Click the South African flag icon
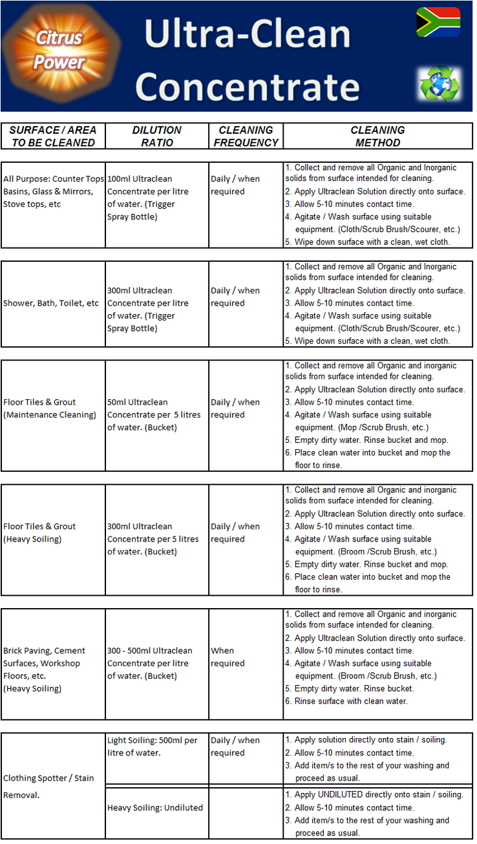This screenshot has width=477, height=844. pyautogui.click(x=438, y=22)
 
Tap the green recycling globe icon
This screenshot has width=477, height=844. pyautogui.click(x=439, y=83)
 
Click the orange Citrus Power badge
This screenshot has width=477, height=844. pyautogui.click(x=60, y=50)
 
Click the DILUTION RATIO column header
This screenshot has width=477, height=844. pyautogui.click(x=157, y=136)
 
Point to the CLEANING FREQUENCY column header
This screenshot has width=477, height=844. pyautogui.click(x=246, y=136)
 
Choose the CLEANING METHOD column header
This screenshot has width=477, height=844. pyautogui.click(x=377, y=136)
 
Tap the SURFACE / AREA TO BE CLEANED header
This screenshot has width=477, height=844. pyautogui.click(x=53, y=136)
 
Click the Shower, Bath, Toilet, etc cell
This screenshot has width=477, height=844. pyautogui.click(x=52, y=303)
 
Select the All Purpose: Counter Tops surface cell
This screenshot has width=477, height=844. pyautogui.click(x=53, y=191)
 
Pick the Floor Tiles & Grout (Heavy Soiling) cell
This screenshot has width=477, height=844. pyautogui.click(x=39, y=533)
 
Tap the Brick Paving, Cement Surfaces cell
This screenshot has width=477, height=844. pyautogui.click(x=44, y=670)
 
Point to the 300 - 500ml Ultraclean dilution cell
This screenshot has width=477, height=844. pyautogui.click(x=150, y=663)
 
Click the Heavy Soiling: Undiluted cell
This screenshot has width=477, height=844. pyautogui.click(x=155, y=808)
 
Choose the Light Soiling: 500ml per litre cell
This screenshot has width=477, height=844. pyautogui.click(x=153, y=746)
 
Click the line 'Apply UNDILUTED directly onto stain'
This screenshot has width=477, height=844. pyautogui.click(x=379, y=795)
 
